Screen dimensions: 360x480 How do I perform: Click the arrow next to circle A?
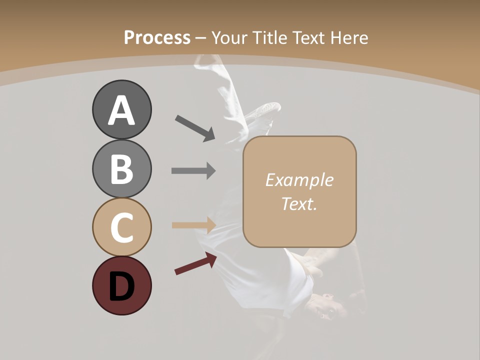click(195, 127)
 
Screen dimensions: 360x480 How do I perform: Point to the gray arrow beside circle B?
click(193, 170)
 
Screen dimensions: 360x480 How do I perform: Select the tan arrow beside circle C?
click(193, 225)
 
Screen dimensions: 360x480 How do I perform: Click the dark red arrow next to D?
click(195, 263)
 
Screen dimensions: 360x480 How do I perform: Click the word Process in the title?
click(157, 37)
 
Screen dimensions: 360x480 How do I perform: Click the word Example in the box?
click(299, 180)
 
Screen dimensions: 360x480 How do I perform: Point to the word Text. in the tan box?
click(299, 203)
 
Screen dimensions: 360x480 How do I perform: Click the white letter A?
click(121, 111)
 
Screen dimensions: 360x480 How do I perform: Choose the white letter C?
click(121, 228)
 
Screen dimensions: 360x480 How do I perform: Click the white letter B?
click(121, 169)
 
